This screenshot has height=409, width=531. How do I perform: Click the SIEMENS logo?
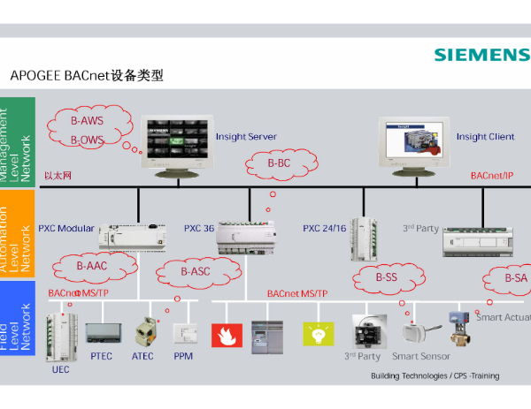tap(481, 55)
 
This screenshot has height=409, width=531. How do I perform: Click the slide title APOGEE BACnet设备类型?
tap(87, 76)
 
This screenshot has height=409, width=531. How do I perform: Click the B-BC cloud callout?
tap(279, 163)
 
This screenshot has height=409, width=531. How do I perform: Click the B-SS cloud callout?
tap(387, 277)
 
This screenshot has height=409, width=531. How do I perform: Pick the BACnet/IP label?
tap(491, 176)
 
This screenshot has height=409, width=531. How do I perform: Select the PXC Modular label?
tap(65, 228)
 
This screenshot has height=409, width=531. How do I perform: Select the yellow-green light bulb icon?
tap(314, 333)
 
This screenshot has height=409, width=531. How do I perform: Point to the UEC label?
tap(60, 369)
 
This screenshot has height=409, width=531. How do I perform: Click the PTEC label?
tap(101, 356)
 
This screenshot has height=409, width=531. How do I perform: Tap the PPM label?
tap(183, 356)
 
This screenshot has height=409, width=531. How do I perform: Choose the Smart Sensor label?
tap(421, 356)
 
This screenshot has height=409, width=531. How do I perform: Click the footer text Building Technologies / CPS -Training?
tap(434, 375)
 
